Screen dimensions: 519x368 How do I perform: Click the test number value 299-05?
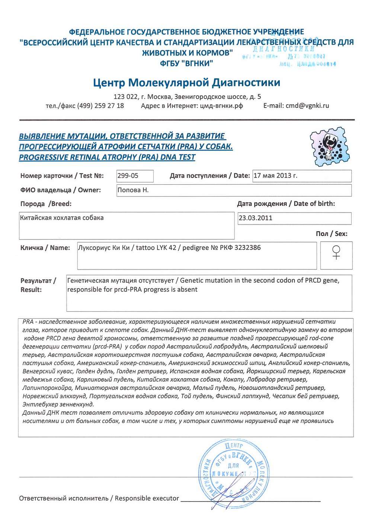128,176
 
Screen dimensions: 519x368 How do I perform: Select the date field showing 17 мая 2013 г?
275,176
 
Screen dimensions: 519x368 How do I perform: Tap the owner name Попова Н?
133,190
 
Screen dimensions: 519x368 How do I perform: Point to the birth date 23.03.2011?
255,218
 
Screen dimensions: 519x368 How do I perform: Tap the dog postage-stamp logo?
330,147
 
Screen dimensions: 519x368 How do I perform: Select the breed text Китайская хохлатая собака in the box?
62,218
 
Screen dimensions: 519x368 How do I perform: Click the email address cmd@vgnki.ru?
307,106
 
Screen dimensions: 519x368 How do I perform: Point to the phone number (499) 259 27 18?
100,106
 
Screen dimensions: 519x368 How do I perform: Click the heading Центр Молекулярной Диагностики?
186,83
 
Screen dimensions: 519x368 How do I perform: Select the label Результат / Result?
38,285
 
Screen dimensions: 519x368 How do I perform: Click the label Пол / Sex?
331,234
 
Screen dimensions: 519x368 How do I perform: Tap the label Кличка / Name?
45,248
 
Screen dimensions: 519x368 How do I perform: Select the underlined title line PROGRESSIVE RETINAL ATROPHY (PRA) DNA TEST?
107,157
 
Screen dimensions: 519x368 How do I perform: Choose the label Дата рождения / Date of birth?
286,204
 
